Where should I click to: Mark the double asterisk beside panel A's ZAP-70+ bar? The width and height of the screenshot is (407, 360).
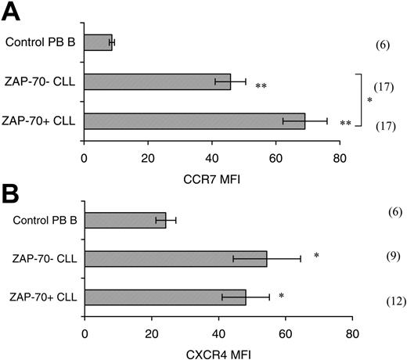point(346,124)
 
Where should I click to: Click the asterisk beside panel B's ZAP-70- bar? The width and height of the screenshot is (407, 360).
point(315,255)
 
